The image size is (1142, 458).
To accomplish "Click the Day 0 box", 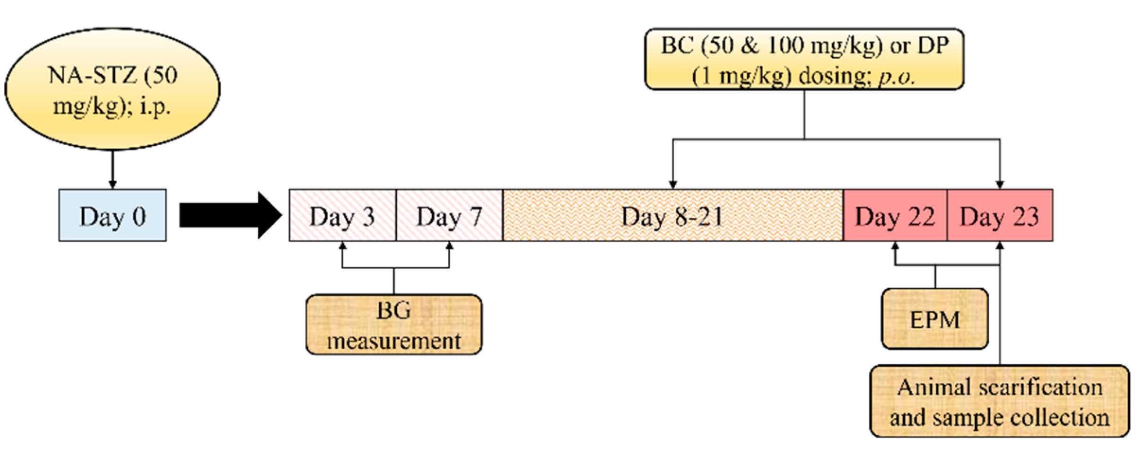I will point(113,216).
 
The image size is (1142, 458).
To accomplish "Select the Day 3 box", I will point(342,216).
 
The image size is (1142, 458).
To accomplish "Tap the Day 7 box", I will point(449,216).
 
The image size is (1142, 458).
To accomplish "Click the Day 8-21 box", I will point(672,216).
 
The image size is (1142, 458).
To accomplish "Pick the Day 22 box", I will point(895,216).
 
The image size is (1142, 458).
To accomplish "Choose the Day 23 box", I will point(1000,216).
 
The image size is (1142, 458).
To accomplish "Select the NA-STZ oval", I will point(113,89).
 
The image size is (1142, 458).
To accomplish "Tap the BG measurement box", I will point(394,325).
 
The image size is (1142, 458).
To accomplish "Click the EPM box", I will point(935,319).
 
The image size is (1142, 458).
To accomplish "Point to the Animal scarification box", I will point(1000,401).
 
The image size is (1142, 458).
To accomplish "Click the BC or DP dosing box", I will point(804,60).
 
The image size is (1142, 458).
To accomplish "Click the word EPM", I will point(935,320).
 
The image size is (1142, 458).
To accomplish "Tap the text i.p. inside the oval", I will point(155,107).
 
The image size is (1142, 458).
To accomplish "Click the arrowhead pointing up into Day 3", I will point(342,246).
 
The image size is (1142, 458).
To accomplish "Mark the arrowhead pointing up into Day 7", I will point(449,246).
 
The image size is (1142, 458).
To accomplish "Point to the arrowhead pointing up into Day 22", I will point(895,246).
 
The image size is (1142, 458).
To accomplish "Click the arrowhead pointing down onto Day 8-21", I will point(673,184).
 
